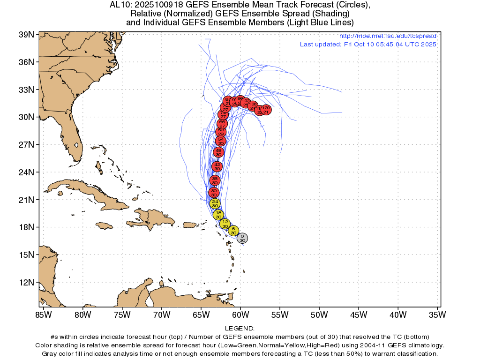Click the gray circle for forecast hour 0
242,238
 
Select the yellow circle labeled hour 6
233,231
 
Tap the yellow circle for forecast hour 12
225,224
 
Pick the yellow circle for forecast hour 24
215,203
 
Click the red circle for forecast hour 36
215,180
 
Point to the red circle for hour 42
217,166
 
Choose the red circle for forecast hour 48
218,152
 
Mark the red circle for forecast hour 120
266,110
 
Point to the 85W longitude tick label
43,314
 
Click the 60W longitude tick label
240,314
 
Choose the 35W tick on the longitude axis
437,314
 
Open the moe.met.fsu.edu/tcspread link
388,36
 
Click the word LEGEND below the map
240,329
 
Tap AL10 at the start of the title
120,5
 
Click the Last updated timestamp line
368,44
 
